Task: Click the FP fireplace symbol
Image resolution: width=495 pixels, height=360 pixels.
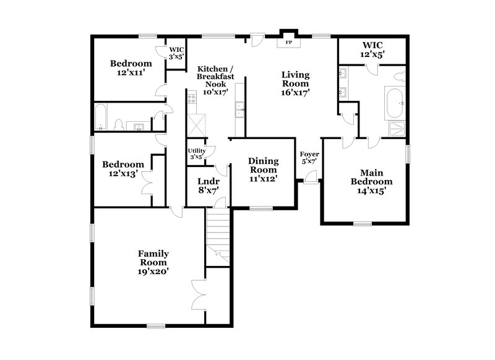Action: point(288,43)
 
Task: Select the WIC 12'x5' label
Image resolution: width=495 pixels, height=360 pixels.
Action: point(372,50)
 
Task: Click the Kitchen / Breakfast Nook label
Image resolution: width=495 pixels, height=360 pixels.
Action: point(213,80)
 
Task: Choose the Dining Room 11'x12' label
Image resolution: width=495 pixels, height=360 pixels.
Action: point(263,169)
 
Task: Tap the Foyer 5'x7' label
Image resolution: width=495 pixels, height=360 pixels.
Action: point(309,157)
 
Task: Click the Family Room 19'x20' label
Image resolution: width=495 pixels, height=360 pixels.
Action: point(153,262)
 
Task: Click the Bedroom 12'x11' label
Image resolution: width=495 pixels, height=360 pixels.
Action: point(131,67)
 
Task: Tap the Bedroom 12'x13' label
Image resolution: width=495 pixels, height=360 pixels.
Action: point(123,169)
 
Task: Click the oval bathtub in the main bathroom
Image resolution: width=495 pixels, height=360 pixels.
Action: point(394,103)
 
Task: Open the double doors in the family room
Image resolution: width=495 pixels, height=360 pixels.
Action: point(198,294)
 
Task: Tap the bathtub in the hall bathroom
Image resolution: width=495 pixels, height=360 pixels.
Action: point(102,118)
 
